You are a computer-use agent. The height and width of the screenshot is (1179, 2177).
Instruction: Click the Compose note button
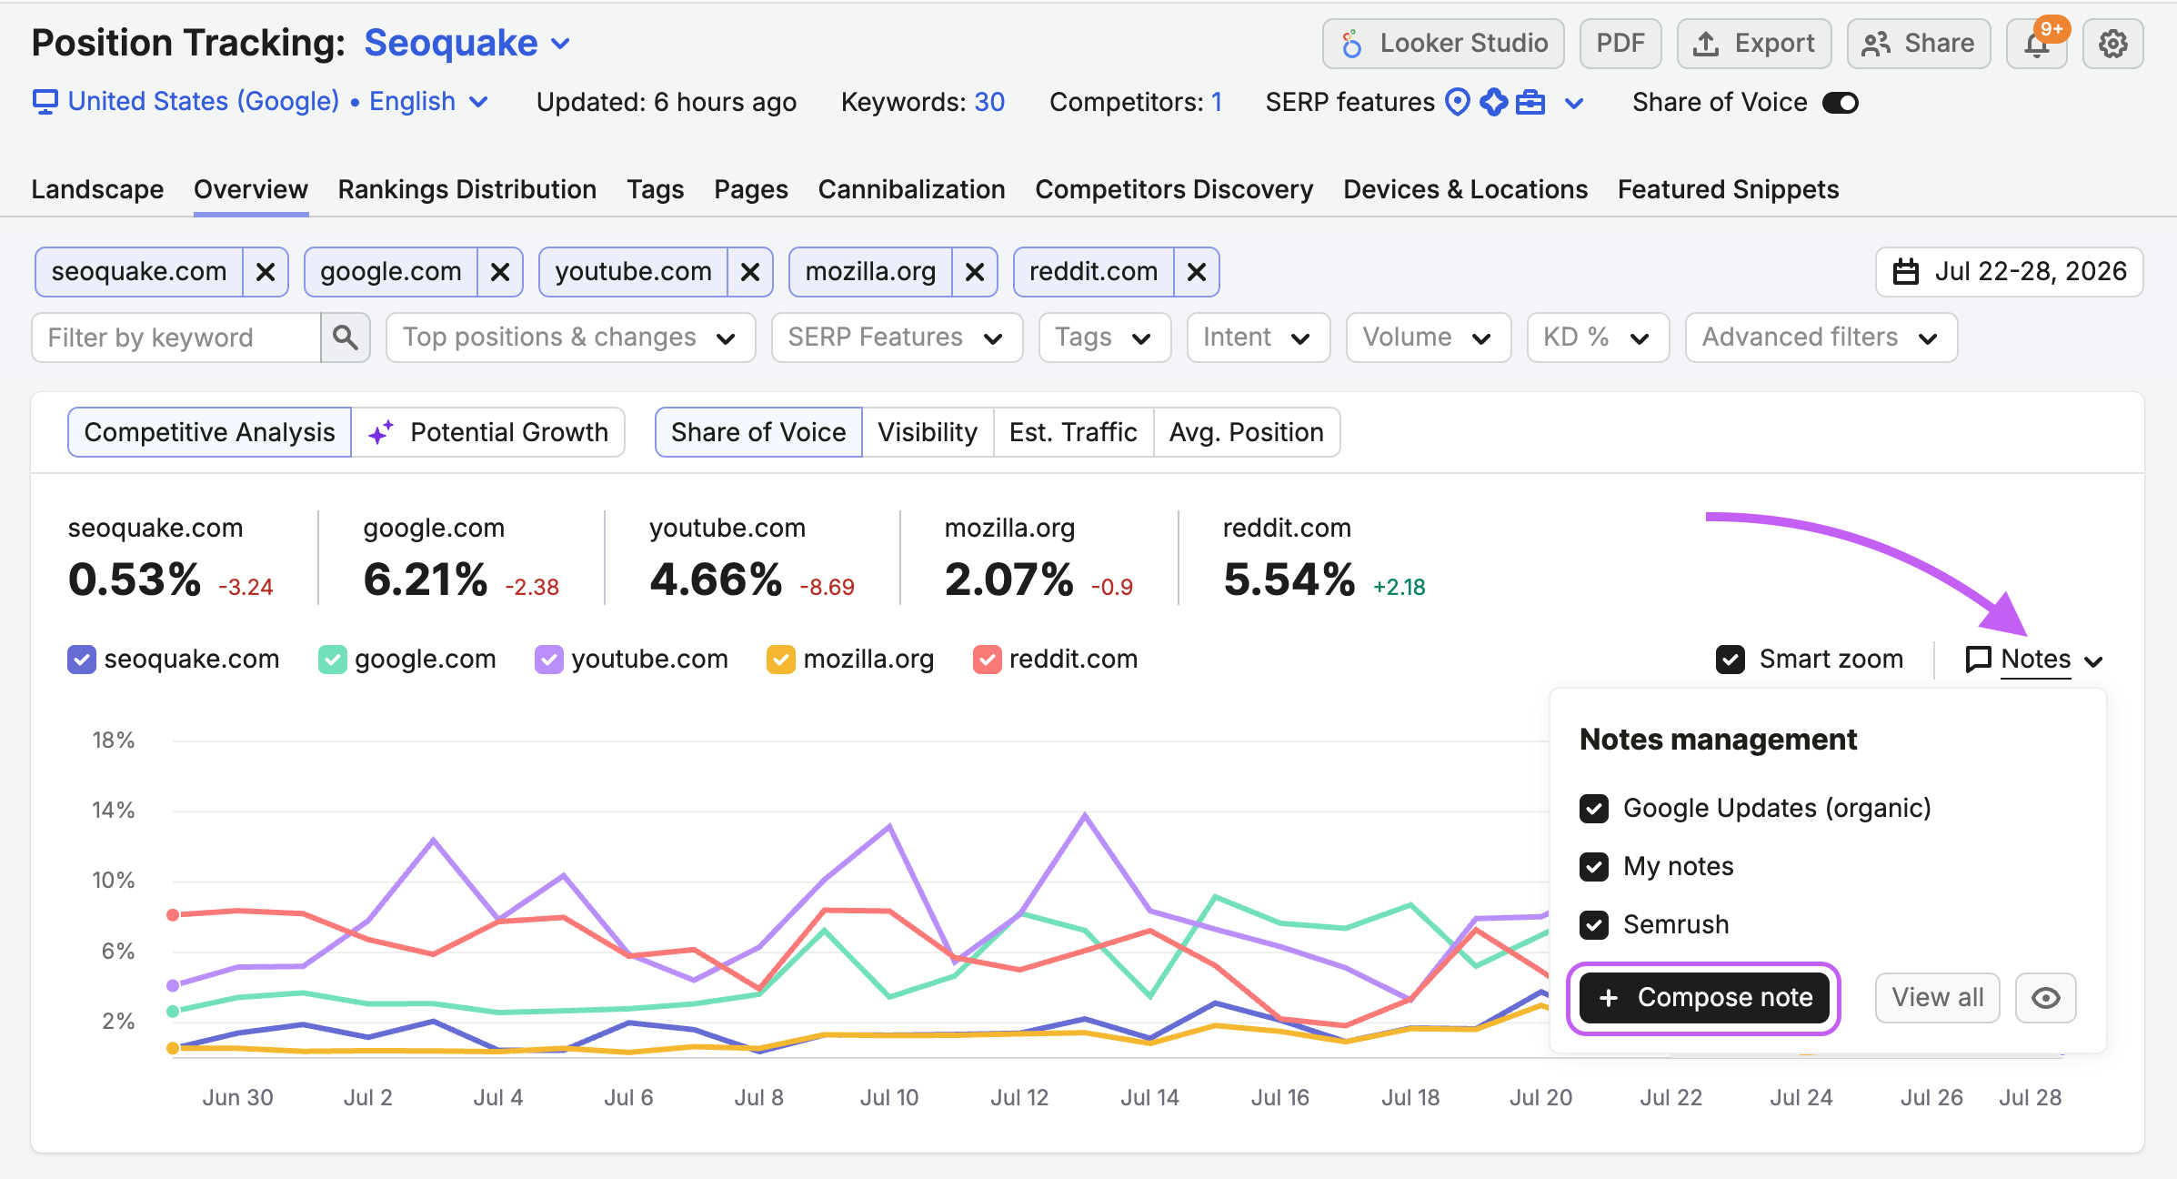pos(1704,998)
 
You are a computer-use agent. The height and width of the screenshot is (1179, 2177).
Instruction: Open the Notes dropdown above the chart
pos(2034,660)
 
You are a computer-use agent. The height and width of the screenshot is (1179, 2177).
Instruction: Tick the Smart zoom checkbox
pos(1730,660)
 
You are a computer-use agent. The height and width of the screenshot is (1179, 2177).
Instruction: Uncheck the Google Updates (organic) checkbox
pos(1594,809)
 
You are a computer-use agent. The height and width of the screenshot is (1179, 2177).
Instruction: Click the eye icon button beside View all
pos(2046,998)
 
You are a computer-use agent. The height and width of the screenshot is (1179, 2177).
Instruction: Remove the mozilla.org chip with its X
pos(975,272)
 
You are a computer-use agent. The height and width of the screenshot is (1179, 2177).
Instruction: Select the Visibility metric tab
pos(928,432)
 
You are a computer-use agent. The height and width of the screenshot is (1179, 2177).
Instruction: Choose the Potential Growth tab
pos(488,432)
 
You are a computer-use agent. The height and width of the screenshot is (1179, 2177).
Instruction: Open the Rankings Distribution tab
pos(467,189)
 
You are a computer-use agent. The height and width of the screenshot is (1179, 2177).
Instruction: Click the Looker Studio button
pos(1443,44)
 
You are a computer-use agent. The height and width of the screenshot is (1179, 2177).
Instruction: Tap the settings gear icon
pos(2112,44)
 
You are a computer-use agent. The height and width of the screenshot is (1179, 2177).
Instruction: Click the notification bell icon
pos(2037,44)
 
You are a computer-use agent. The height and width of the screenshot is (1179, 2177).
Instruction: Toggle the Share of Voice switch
pos(1841,103)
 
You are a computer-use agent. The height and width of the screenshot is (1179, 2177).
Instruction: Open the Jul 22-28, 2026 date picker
pos(2010,272)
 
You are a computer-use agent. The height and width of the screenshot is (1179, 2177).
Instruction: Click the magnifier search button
pos(346,338)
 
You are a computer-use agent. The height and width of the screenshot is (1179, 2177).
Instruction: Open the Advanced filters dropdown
pos(1821,338)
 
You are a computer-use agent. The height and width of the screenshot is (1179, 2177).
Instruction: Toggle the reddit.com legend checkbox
pos(988,660)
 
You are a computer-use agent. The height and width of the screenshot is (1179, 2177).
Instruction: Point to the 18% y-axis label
pos(114,741)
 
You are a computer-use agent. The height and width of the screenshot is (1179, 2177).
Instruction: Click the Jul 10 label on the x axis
pos(889,1098)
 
